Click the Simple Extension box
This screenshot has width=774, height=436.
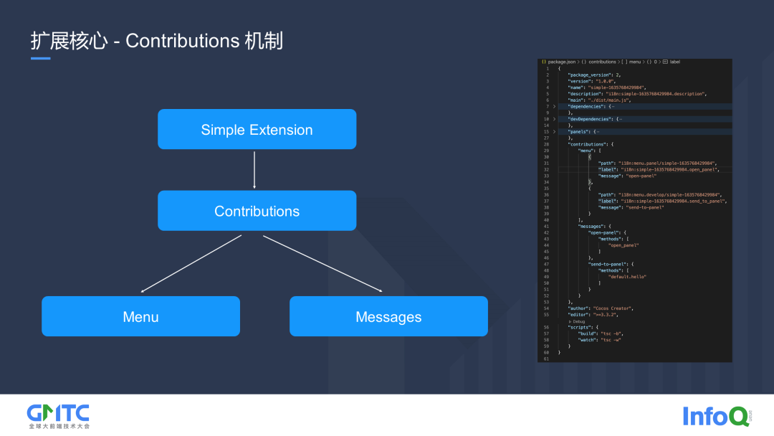coord(257,129)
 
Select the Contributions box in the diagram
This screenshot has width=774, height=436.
coord(257,211)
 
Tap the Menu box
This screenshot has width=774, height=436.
coord(140,316)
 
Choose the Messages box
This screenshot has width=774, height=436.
coord(388,316)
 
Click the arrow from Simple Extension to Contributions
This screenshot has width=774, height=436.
coord(254,169)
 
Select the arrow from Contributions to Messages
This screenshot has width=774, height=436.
coord(322,264)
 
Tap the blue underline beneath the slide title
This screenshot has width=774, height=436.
coord(40,58)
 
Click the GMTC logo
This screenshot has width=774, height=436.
coord(58,415)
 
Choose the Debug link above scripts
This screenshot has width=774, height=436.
coord(578,321)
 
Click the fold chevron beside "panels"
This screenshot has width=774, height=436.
coord(554,131)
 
